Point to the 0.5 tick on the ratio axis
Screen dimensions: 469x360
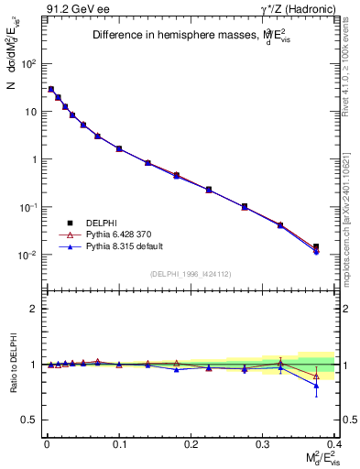(x=32, y=420)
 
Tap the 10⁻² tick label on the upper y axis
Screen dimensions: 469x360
(x=28, y=255)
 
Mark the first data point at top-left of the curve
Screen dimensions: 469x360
(x=51, y=89)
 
